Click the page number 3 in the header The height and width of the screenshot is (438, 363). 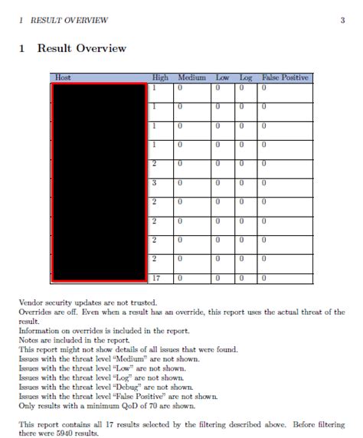tap(342, 20)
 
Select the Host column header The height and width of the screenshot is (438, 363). tap(63, 78)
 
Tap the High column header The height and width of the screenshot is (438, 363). tap(160, 78)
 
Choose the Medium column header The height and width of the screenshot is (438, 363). tap(191, 78)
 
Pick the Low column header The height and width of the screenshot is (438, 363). tap(223, 78)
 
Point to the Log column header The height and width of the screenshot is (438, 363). tap(245, 78)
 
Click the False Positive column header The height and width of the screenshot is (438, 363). tap(285, 78)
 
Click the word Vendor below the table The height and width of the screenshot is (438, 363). tap(31, 303)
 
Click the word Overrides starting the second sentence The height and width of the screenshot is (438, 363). tap(34, 312)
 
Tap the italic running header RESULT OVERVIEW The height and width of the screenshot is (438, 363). tap(67, 20)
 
